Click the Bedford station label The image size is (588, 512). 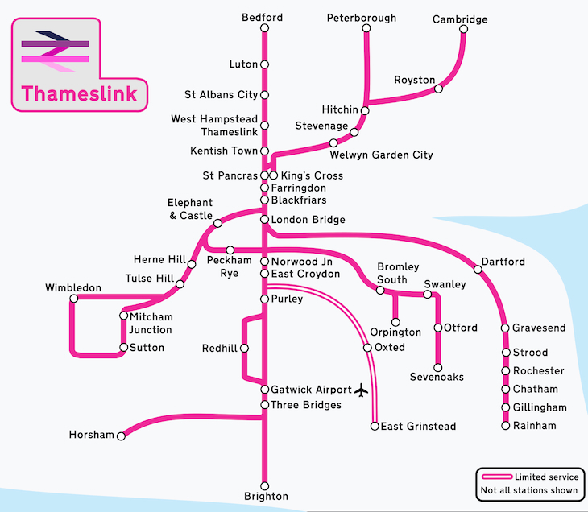[x=264, y=18]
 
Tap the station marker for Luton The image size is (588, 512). [x=264, y=64]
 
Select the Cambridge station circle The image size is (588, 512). [x=463, y=30]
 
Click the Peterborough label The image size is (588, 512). [x=362, y=18]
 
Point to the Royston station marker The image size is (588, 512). [x=438, y=89]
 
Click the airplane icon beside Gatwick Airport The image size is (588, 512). [x=360, y=390]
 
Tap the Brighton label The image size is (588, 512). [x=264, y=496]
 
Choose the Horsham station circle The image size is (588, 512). [x=121, y=436]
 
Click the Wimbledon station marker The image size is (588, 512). [x=73, y=298]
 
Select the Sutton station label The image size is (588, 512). [x=147, y=348]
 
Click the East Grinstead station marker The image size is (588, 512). [x=375, y=426]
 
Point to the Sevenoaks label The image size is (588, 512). [x=437, y=377]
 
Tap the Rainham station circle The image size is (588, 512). [x=505, y=425]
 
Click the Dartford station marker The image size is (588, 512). [x=478, y=270]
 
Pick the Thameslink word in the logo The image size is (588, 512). [x=79, y=93]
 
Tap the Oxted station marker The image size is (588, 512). [x=367, y=348]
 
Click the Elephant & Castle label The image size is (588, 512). [x=190, y=209]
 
